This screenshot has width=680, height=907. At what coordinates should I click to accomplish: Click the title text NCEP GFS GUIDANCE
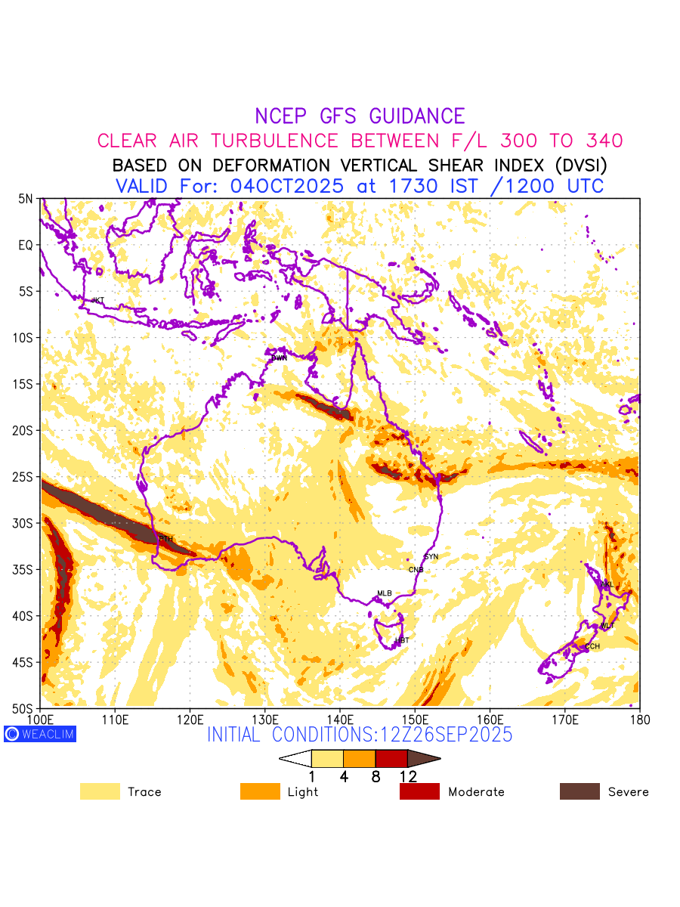point(360,116)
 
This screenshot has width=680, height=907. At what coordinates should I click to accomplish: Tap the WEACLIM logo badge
point(40,734)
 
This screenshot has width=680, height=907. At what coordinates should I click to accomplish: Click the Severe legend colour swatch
point(580,791)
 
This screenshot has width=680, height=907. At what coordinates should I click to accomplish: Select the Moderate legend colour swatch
point(419,791)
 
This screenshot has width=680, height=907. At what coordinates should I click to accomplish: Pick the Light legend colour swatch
point(260,791)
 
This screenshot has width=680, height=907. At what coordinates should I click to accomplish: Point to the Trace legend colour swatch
point(100,791)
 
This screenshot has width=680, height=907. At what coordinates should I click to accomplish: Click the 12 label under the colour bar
point(408,776)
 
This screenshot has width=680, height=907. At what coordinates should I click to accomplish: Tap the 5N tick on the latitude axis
point(26,199)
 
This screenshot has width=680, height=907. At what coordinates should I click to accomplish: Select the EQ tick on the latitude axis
point(26,245)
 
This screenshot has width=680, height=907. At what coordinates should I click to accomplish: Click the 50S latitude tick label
point(23,708)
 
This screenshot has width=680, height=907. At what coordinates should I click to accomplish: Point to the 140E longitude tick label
point(340,720)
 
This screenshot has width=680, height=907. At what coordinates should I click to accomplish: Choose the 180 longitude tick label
point(639,720)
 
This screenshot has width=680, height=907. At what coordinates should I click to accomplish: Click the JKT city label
point(97,301)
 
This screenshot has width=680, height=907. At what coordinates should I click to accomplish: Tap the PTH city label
point(166,539)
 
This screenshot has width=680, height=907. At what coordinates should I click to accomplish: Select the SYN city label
point(431,557)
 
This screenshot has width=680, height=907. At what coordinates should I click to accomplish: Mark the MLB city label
point(385,594)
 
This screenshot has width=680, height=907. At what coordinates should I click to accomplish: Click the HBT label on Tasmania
point(402,641)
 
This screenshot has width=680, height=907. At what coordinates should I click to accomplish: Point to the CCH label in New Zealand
point(592,647)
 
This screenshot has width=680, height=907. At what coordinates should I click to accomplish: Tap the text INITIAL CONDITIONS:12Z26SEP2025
point(360,734)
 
